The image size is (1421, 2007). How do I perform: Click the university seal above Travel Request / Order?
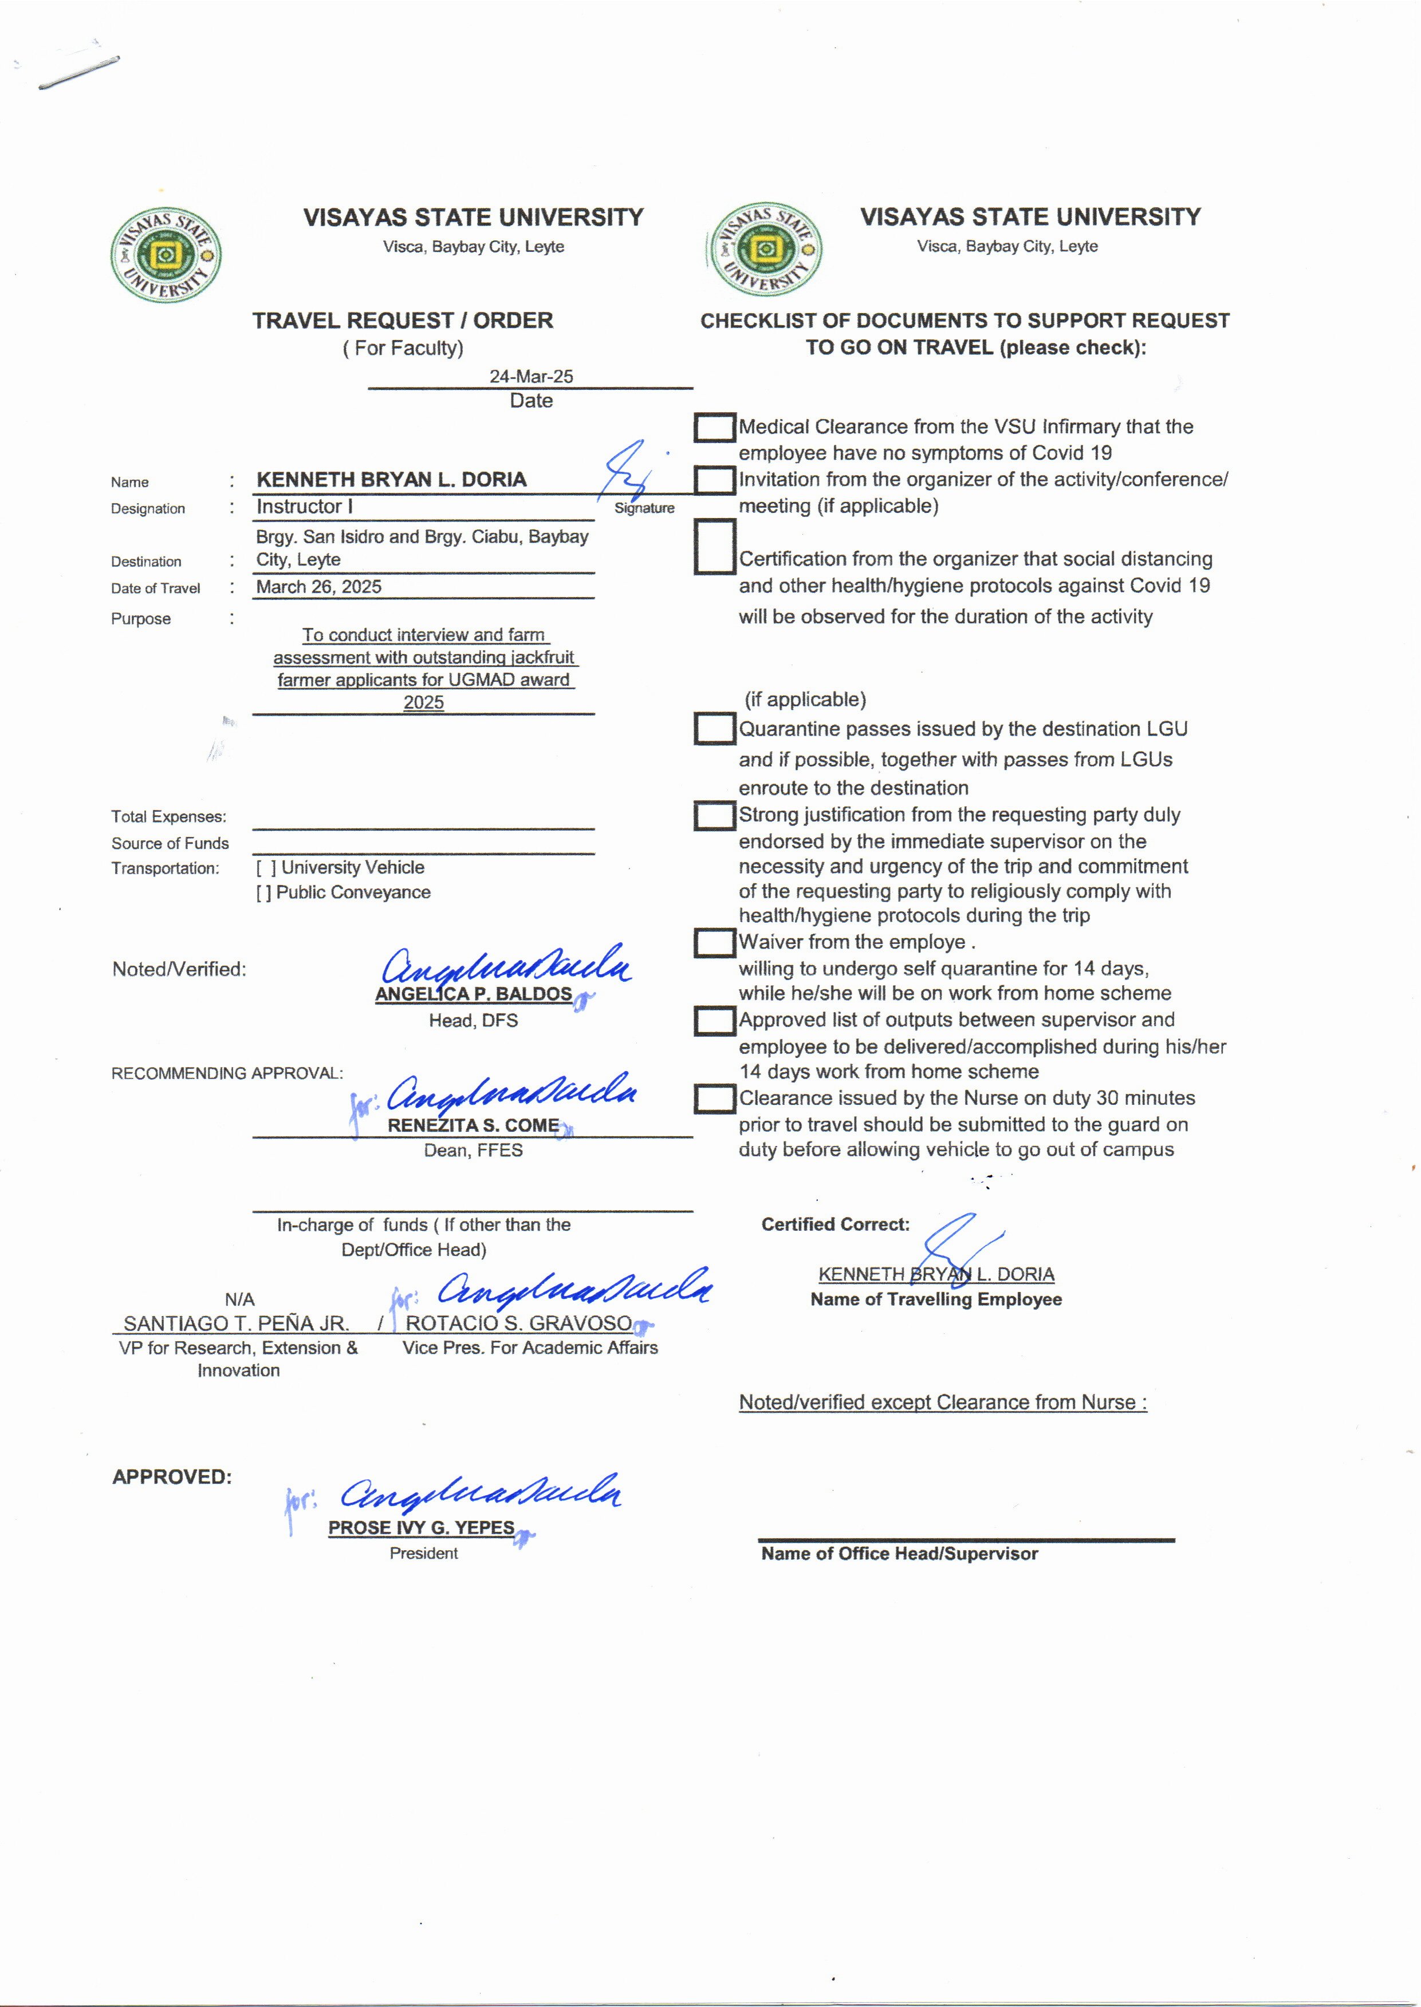(166, 255)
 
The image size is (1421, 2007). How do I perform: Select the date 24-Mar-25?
(531, 376)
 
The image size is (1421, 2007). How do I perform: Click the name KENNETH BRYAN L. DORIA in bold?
(391, 479)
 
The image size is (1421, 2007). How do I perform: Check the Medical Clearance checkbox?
(714, 428)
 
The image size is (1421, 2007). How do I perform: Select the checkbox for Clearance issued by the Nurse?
(714, 1099)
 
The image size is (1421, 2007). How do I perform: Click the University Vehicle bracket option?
(266, 867)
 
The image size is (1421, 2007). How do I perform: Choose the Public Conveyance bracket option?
(263, 892)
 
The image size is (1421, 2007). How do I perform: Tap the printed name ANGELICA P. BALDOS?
(473, 994)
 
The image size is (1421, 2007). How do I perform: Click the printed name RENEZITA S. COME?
(473, 1125)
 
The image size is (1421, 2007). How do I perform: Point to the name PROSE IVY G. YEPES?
(421, 1528)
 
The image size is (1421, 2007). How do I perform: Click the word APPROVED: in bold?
(171, 1477)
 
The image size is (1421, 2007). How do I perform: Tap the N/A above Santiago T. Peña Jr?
(239, 1299)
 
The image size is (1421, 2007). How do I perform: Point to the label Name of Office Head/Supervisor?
(899, 1554)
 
